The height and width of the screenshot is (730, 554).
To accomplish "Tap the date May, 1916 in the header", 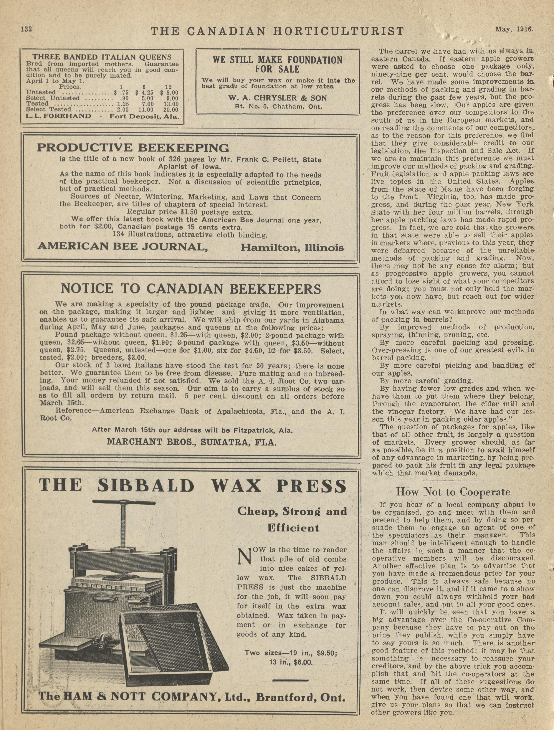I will [x=513, y=29].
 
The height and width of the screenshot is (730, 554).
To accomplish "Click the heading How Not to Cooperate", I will [x=453, y=492].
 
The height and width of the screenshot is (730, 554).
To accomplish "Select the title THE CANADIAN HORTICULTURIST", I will [x=277, y=31].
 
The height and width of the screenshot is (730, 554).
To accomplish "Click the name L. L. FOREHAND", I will [x=58, y=116].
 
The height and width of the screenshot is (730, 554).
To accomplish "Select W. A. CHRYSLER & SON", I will [x=277, y=98].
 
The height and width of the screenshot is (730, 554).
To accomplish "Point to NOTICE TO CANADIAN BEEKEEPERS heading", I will [x=191, y=289].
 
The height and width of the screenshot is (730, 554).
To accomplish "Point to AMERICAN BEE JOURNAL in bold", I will [x=122, y=246].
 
